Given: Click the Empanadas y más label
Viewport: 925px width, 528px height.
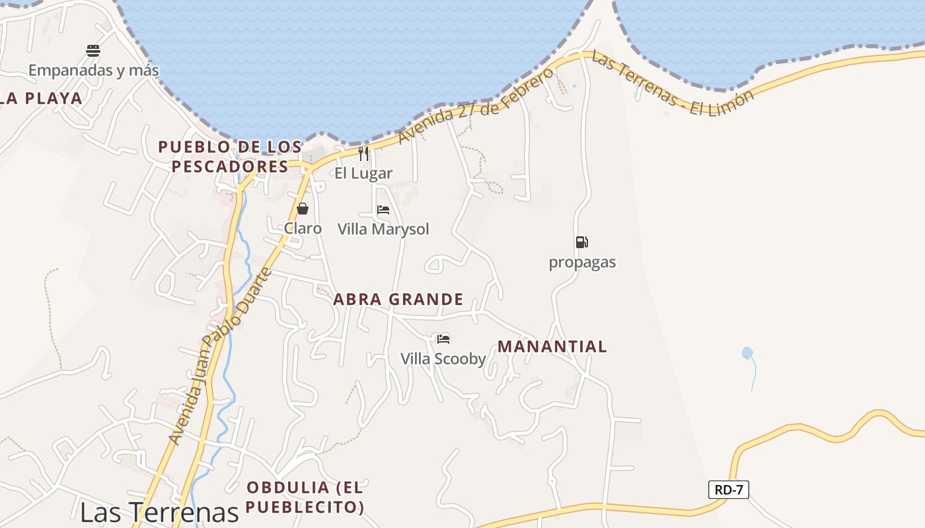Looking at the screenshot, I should click(93, 70).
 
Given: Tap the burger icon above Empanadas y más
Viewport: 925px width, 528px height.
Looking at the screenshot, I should click(93, 51).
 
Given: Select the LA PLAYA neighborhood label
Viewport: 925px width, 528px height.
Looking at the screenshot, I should click(41, 98).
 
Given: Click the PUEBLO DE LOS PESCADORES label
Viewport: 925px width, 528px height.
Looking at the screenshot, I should click(230, 156).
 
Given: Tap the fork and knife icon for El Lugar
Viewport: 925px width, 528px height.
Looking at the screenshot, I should click(363, 154).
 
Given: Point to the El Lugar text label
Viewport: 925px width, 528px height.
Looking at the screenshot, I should click(363, 174).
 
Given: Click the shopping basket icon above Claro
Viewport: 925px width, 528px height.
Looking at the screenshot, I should click(303, 209).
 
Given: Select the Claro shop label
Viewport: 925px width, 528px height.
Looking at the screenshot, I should click(303, 228).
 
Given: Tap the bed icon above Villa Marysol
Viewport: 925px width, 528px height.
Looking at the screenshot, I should click(383, 210).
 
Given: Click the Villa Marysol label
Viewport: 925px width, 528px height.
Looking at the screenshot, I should click(383, 229).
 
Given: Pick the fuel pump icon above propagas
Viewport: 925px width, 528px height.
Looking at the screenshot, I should click(581, 242).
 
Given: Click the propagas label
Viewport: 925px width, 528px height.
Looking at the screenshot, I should click(582, 262).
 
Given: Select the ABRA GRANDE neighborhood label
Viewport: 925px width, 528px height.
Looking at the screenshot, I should click(398, 300).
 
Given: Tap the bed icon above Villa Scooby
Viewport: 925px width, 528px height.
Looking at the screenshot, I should click(443, 339).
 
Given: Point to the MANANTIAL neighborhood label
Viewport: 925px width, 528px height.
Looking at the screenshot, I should click(552, 346).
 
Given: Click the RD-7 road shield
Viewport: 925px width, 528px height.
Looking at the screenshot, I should click(728, 490).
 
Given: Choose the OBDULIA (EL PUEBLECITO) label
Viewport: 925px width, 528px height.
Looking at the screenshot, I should click(305, 497).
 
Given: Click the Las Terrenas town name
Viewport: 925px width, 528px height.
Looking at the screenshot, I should click(159, 512).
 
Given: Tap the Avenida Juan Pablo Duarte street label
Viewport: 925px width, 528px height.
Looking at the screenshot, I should click(220, 356).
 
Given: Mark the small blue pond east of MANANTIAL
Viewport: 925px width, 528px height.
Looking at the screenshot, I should click(747, 353).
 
